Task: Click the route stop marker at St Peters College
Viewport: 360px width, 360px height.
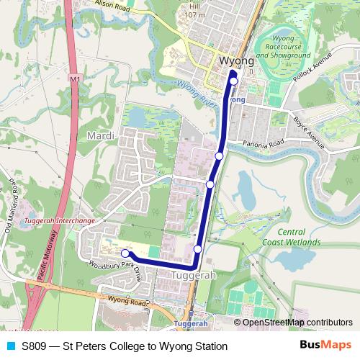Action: (125, 253)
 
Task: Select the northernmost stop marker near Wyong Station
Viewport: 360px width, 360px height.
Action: (233, 81)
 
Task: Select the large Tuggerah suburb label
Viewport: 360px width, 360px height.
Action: (195, 276)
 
